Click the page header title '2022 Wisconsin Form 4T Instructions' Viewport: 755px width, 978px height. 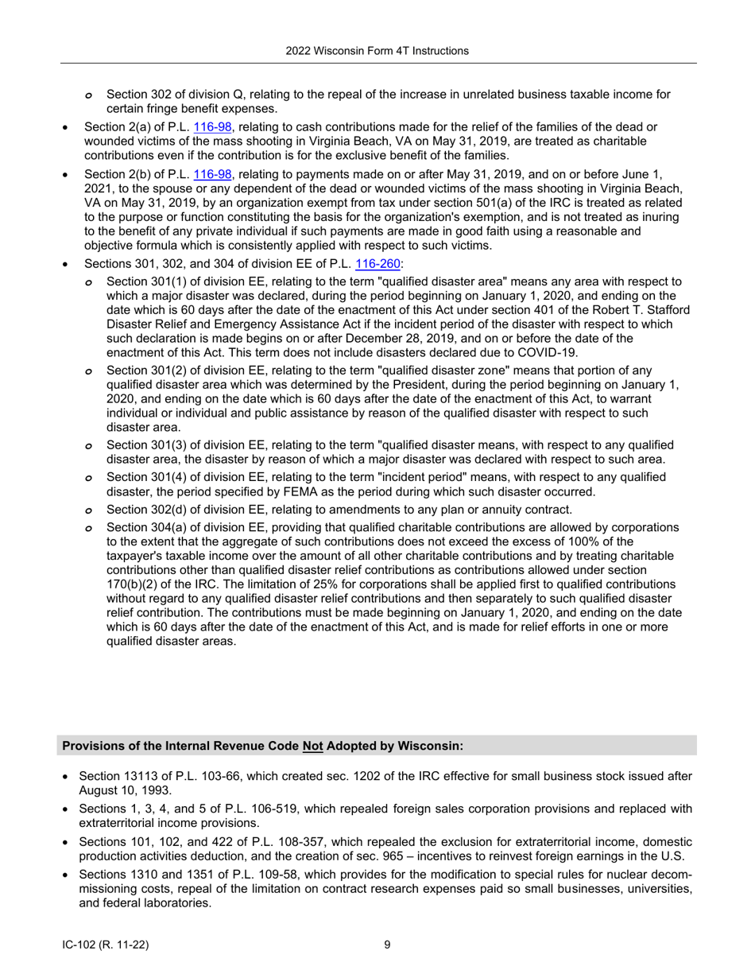coord(377,51)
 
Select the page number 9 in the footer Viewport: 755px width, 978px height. coord(387,945)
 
